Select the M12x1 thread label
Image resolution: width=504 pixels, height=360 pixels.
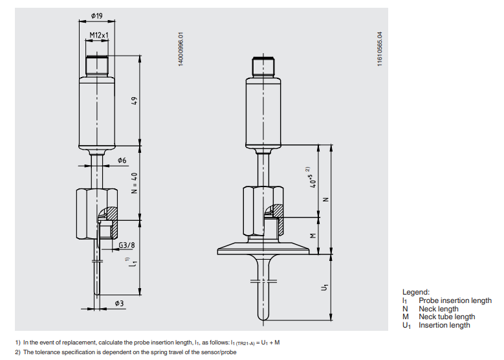(98, 36)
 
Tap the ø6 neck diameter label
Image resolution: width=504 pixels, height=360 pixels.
(122, 159)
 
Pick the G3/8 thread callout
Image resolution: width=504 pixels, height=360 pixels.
(127, 245)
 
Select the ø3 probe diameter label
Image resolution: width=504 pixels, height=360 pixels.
(120, 303)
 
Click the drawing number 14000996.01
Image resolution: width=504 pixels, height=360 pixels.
(182, 49)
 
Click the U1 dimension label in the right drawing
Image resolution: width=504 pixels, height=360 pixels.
(325, 286)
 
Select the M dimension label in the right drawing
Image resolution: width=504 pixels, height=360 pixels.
(314, 237)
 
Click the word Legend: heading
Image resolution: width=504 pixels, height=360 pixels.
(416, 293)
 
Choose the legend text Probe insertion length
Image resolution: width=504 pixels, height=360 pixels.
(455, 300)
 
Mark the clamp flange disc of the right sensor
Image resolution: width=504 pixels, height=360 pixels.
(261, 249)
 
